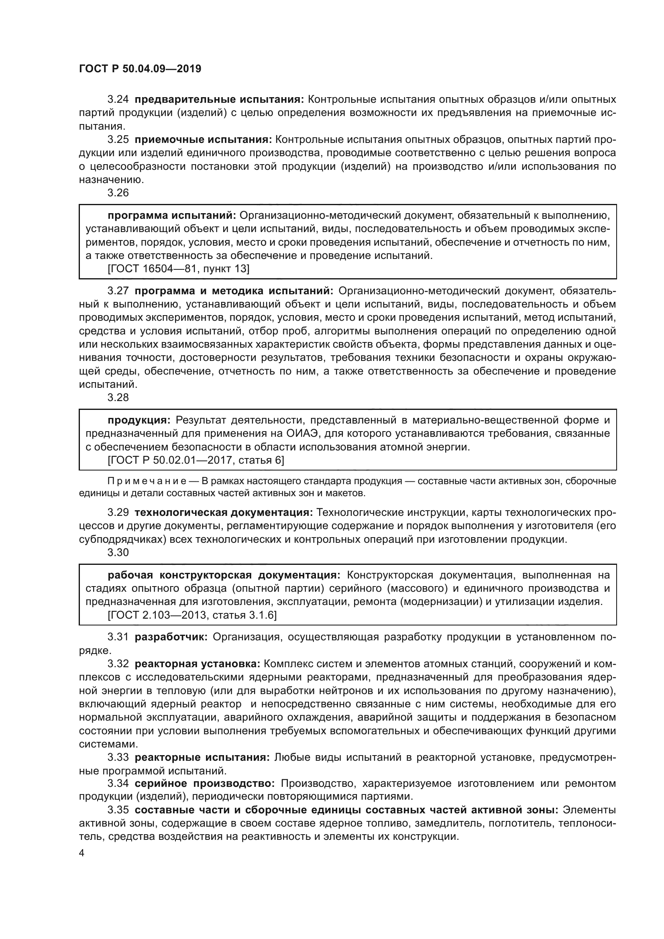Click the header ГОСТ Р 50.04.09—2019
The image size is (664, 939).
(x=140, y=69)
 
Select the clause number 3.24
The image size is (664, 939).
(x=118, y=100)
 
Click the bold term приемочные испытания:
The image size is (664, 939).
(x=203, y=139)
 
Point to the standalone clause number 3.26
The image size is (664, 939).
(x=118, y=193)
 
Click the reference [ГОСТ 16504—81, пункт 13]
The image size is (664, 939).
(x=178, y=269)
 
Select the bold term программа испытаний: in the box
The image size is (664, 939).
(x=172, y=216)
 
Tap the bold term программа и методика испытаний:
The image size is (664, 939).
(x=234, y=291)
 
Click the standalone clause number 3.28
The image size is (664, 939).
(x=118, y=397)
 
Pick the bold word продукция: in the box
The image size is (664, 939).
(x=139, y=420)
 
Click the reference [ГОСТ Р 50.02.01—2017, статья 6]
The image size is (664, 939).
(x=196, y=460)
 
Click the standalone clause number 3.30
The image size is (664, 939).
(x=118, y=552)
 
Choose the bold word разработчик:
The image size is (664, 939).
(x=171, y=637)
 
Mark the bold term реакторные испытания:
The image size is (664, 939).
(x=202, y=758)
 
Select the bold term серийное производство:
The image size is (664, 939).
(x=205, y=784)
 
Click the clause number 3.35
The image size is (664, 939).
(x=118, y=810)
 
